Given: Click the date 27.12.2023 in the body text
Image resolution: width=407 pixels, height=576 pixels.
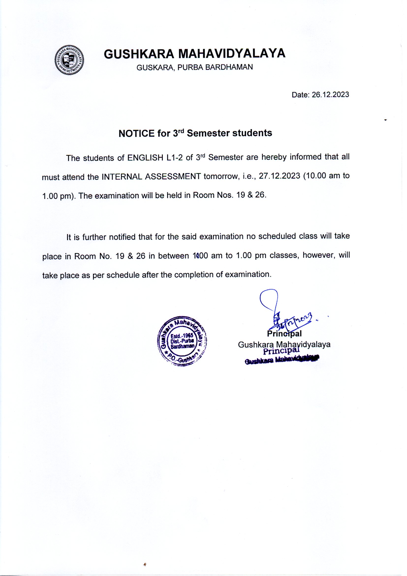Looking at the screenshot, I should pyautogui.click(x=279, y=176).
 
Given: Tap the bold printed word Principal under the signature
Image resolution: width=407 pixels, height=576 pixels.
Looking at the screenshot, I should pyautogui.click(x=284, y=334).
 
